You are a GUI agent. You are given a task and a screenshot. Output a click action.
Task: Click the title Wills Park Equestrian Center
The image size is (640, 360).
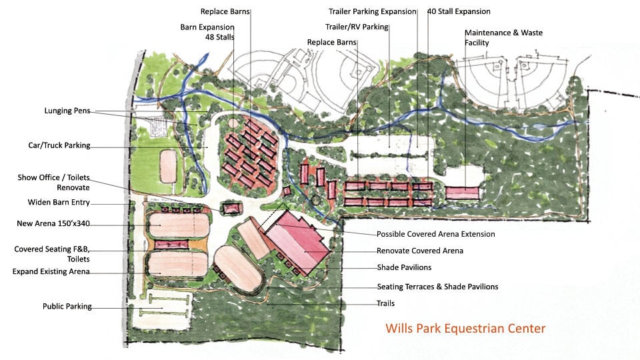click(465, 328)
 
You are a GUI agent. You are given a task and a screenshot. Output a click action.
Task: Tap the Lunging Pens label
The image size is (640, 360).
click(67, 111)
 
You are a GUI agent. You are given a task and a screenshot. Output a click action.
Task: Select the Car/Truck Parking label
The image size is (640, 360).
click(59, 146)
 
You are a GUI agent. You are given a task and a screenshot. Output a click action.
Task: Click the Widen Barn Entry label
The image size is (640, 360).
click(59, 203)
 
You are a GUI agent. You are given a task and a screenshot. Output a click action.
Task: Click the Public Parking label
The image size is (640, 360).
click(67, 307)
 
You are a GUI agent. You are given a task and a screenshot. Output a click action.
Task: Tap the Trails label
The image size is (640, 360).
click(385, 303)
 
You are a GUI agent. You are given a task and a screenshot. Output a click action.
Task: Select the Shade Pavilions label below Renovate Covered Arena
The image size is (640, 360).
click(404, 267)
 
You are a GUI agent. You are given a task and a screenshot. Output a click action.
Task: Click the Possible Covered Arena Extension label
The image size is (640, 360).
click(435, 234)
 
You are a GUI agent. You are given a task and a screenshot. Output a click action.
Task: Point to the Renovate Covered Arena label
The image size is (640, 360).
click(419, 251)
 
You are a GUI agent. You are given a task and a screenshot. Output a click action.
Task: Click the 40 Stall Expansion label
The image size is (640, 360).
click(459, 11)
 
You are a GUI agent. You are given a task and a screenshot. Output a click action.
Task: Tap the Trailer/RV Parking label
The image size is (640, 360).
click(356, 27)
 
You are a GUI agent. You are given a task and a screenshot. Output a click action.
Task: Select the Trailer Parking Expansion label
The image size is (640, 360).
click(372, 11)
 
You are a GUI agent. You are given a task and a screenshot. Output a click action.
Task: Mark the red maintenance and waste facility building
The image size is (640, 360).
click(462, 192)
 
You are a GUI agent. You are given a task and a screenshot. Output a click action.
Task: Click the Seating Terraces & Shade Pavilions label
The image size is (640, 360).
click(437, 287)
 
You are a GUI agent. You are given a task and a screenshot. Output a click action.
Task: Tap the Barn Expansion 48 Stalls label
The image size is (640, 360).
click(207, 33)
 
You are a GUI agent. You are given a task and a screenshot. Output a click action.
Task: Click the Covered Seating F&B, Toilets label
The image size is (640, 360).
click(52, 253)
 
